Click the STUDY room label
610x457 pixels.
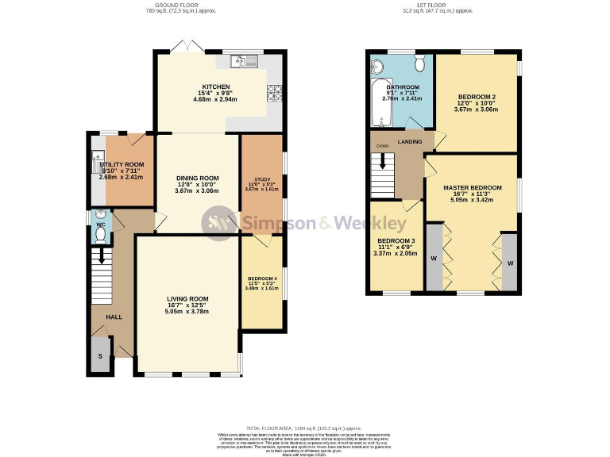[262, 179]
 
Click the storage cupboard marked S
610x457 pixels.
[100, 356]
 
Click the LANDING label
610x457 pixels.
[410, 141]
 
